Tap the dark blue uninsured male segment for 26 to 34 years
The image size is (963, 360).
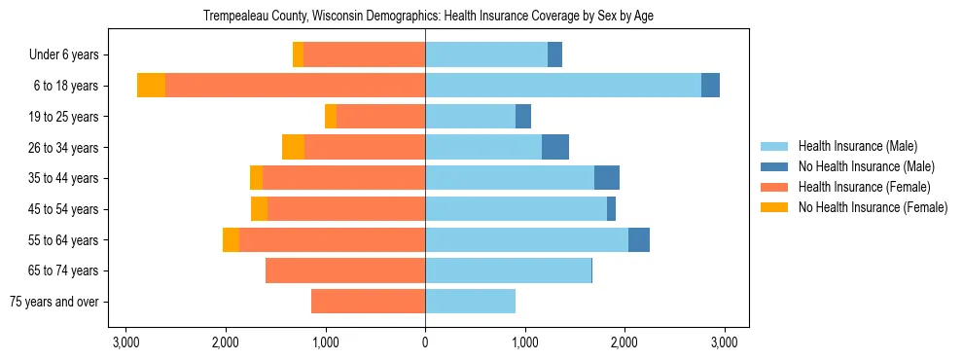(x=555, y=147)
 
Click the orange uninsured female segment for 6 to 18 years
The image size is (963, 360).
(x=151, y=86)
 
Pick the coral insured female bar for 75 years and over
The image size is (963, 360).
(x=368, y=302)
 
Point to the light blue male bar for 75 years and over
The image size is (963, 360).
(x=470, y=302)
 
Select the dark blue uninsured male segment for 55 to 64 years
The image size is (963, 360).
(x=639, y=239)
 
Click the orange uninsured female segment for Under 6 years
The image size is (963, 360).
(x=298, y=54)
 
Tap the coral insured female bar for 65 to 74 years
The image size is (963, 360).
(x=345, y=270)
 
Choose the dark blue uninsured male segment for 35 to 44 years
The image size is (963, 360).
(x=607, y=178)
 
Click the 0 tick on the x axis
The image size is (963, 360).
(x=425, y=342)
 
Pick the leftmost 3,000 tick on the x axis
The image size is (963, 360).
(x=125, y=342)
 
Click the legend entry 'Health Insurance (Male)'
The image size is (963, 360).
(x=857, y=146)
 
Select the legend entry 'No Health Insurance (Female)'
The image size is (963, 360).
(x=872, y=207)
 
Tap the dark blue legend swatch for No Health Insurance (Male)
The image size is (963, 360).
(x=773, y=166)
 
